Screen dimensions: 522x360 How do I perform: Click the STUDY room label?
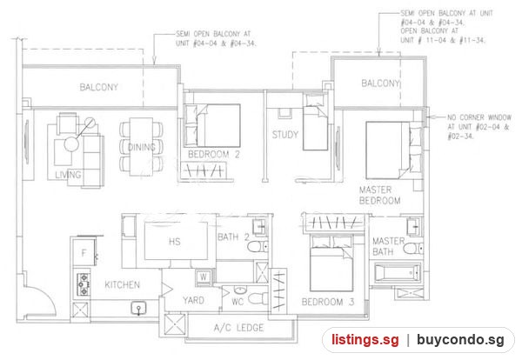click(x=285, y=135)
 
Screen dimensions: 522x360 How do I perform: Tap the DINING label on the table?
click(x=142, y=147)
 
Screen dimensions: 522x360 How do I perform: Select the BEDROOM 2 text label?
click(x=214, y=155)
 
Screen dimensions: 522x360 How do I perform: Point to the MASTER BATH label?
click(x=388, y=246)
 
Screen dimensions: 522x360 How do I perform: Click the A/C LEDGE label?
click(x=238, y=328)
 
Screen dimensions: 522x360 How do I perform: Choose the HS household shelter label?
click(x=175, y=241)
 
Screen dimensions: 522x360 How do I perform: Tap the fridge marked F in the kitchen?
click(x=84, y=253)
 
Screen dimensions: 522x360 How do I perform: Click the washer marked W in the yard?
click(x=204, y=277)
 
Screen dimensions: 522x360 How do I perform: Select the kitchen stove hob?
click(x=84, y=284)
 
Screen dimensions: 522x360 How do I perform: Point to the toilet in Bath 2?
click(x=258, y=247)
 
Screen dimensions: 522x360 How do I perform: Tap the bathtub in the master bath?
click(x=398, y=273)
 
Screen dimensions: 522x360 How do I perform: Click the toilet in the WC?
click(x=258, y=298)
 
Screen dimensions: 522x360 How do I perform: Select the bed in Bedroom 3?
click(x=331, y=263)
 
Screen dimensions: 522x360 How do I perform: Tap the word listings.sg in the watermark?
click(x=365, y=340)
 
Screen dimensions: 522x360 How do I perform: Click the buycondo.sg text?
click(x=460, y=340)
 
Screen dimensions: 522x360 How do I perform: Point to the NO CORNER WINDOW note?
click(x=479, y=127)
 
